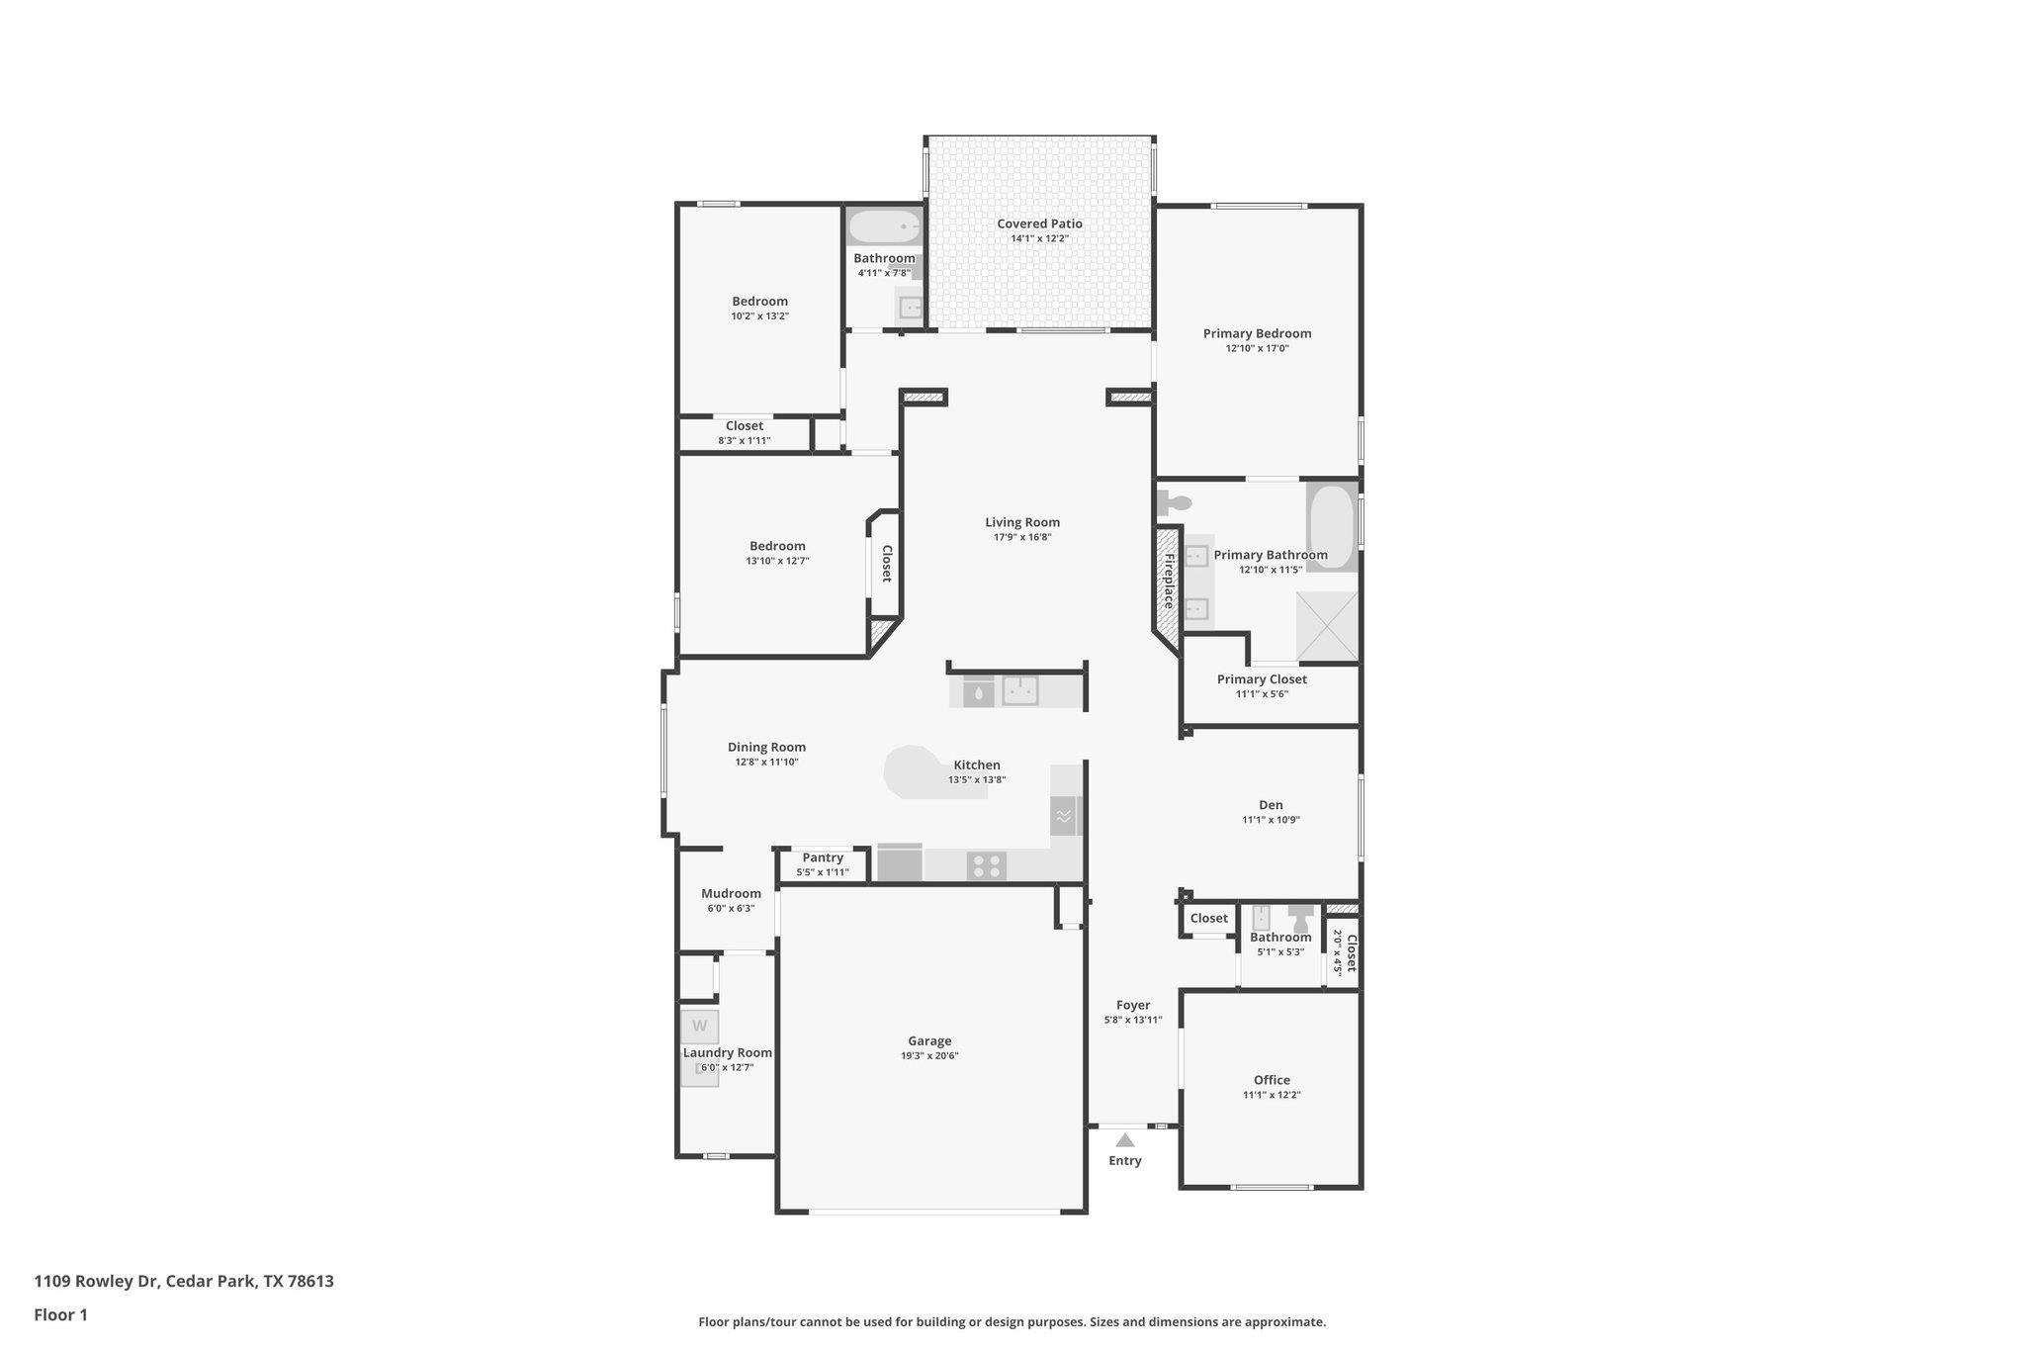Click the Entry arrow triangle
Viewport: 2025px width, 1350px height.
1125,1139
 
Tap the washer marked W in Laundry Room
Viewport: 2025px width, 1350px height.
699,1026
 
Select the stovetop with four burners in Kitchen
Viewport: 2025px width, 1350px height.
986,866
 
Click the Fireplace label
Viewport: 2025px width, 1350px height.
1168,581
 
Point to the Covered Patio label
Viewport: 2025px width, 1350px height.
1039,224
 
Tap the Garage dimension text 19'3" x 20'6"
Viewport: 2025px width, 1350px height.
929,1055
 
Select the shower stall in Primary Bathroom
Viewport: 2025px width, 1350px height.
1327,626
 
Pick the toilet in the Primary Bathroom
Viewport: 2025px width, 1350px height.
1174,502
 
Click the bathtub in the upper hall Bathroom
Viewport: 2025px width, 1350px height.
884,227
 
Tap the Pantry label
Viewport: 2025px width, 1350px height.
823,857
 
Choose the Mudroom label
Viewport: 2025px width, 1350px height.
731,893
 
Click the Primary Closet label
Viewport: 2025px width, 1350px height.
1262,679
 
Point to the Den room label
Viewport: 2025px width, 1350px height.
1271,805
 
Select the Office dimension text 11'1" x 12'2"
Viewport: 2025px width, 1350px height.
1272,1095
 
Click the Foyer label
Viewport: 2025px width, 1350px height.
1133,1005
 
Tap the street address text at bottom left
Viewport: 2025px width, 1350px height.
184,1281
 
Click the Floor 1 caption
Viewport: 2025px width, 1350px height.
60,1314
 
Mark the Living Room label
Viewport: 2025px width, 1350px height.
1022,522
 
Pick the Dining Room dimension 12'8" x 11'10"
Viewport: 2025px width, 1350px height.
766,762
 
